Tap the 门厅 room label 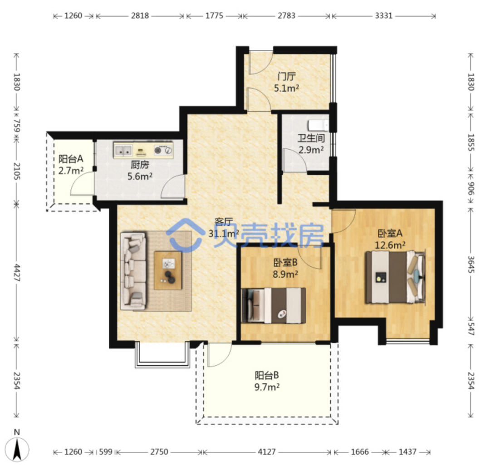286,76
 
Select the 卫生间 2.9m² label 311,144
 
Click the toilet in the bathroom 318,125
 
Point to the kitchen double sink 123,150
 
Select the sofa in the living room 133,271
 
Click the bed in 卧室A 395,277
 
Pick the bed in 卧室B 274,306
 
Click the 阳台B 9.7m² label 267,381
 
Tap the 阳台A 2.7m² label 71,165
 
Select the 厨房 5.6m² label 140,171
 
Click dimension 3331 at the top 383,15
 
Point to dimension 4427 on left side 17,273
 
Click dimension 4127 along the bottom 267,451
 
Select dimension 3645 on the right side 471,264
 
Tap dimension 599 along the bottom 105,451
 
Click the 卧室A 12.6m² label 390,239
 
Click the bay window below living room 162,355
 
